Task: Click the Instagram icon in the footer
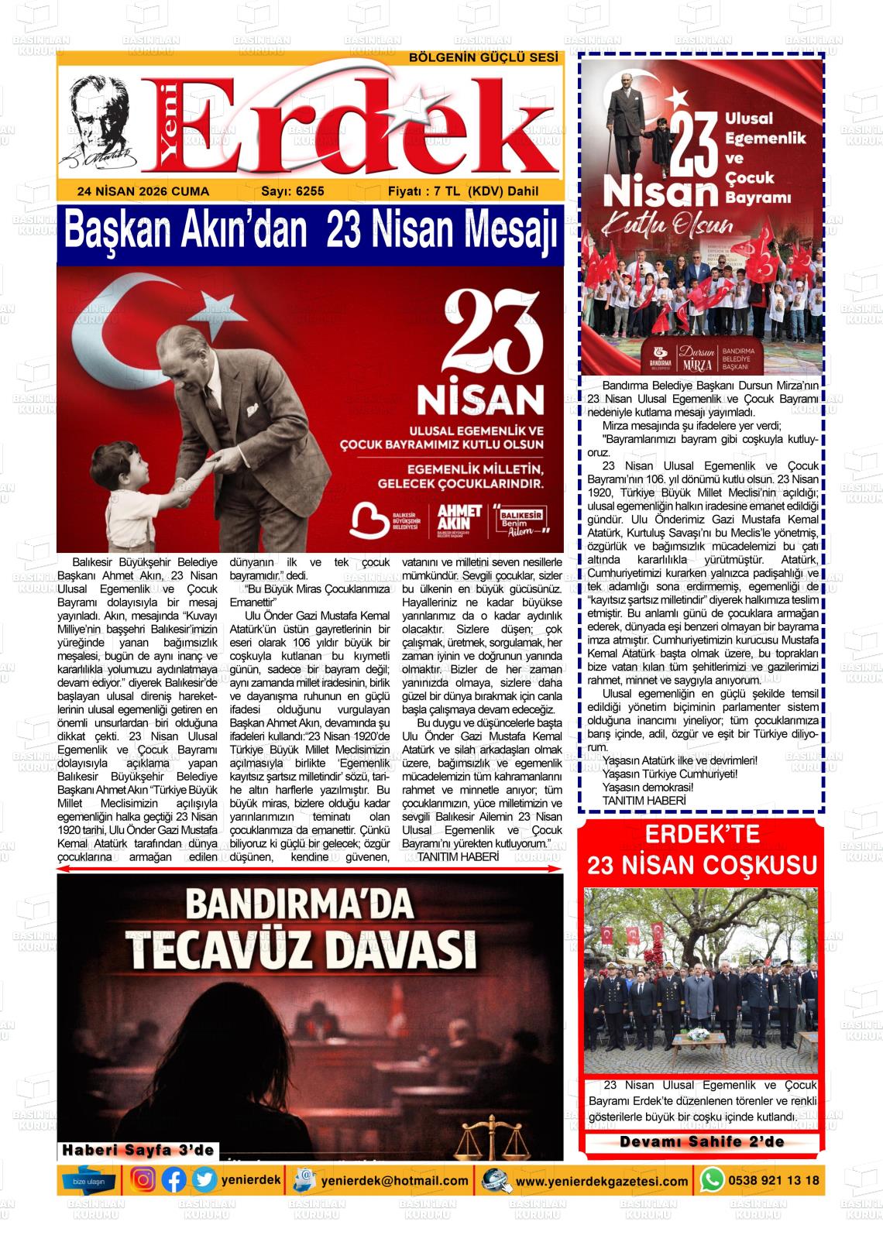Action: pos(143,1180)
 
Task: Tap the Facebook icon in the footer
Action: pos(174,1180)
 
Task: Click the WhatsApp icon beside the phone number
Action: pos(712,1180)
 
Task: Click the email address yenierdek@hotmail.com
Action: pos(395,1181)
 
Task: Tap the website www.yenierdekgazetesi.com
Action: pos(602,1181)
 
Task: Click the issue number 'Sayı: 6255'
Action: pos(293,191)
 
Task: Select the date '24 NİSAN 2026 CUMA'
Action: pos(143,191)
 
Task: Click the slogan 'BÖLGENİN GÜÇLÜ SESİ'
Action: pos(483,57)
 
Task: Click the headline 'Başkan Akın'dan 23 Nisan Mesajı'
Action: pos(310,230)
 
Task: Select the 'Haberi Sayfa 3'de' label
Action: pos(139,1151)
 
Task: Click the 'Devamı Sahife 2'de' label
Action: pos(702,1142)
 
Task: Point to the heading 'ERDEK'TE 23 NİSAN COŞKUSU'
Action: pos(702,850)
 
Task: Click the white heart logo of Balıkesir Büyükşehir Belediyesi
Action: pos(369,520)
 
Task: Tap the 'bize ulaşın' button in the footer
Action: pos(89,1181)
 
